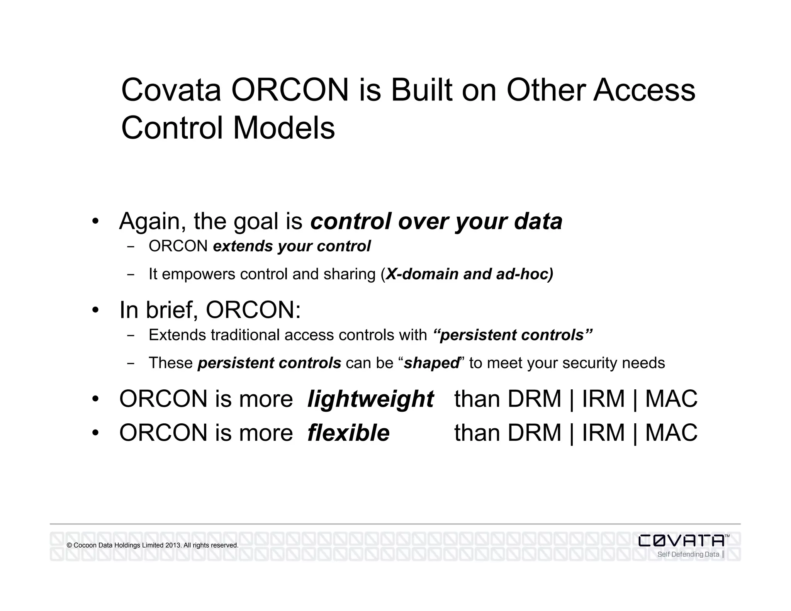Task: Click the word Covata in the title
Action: (171, 90)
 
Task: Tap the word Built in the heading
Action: (421, 90)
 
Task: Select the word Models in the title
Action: (284, 128)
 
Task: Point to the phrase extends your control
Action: (292, 246)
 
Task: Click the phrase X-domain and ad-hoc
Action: (469, 274)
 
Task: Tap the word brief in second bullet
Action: (171, 310)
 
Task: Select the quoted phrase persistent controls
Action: (513, 335)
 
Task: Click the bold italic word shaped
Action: (431, 363)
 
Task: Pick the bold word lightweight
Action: (370, 399)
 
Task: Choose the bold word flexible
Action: (348, 433)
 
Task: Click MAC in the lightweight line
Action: (671, 399)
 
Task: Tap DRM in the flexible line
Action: (534, 433)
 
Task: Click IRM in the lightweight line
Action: (603, 399)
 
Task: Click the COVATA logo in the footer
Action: (681, 541)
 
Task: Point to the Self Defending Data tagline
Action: (688, 555)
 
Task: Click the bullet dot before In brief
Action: (95, 310)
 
